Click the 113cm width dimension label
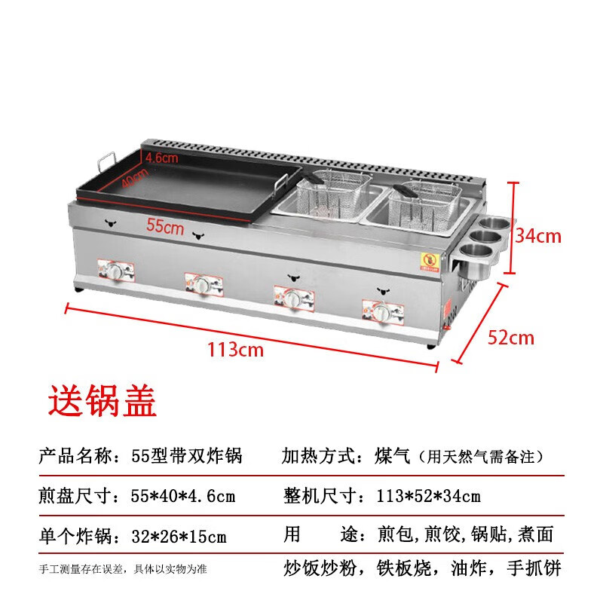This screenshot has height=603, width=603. coord(236,350)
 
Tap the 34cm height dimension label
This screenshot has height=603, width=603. coord(538,235)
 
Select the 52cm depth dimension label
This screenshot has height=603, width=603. coord(511,338)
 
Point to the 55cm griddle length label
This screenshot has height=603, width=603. coord(165,226)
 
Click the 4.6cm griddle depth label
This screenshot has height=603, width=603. coord(162,158)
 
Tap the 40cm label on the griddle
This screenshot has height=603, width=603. coord(135,178)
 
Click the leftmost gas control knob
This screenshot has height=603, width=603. coord(115,271)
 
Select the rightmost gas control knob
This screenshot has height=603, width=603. coord(382,311)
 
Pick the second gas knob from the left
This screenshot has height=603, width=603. coord(202,285)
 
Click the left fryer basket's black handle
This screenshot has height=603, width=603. coord(314,178)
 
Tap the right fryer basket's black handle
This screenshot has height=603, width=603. coord(405,191)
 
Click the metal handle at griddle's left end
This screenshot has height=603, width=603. coord(106,161)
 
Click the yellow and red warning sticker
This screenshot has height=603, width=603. coord(429,262)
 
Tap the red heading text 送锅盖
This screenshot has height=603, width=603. coord(103,401)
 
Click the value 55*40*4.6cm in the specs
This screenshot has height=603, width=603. coord(182,496)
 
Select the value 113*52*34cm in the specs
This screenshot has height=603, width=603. coord(428,496)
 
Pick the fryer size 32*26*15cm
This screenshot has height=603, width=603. coord(179,536)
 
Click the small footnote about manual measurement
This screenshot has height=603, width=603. coord(123,569)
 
